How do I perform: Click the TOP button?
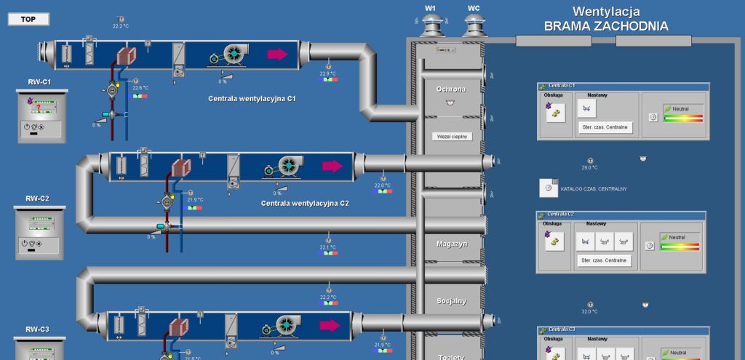coord(28,20)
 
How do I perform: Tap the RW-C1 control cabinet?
coord(41,116)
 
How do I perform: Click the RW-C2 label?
coord(38,199)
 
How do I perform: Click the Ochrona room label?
coord(451,89)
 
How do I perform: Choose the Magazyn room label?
coord(452,244)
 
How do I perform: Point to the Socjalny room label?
coord(452,301)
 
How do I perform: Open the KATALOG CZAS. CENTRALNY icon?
coord(548,188)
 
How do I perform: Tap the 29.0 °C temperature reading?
coord(589,168)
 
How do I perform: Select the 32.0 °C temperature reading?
coord(589,311)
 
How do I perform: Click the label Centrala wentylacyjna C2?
coord(305,204)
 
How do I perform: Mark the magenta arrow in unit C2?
coord(332,166)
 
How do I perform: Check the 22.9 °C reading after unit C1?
coord(327,73)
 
